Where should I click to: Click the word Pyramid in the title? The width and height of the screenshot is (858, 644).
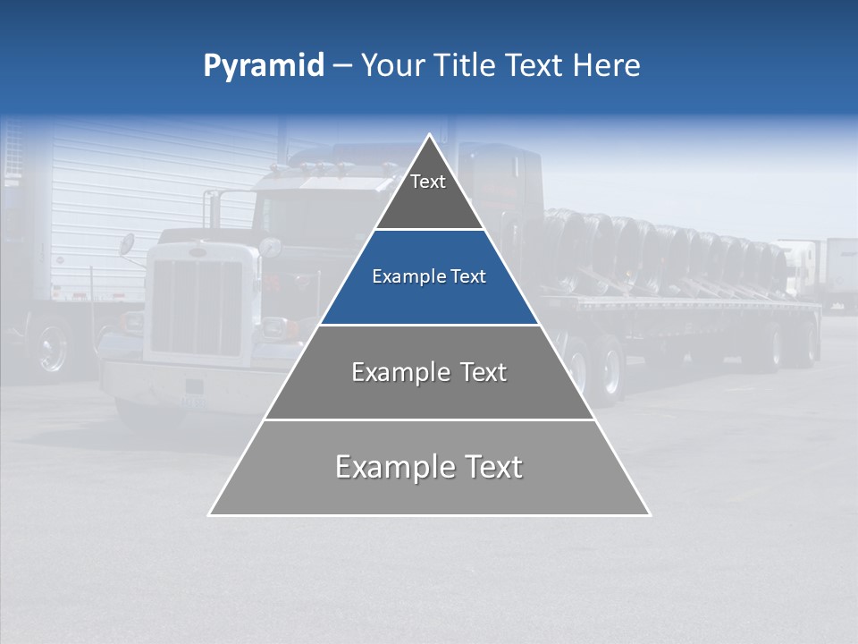(263, 66)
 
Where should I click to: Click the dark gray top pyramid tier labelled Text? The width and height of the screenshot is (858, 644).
(428, 192)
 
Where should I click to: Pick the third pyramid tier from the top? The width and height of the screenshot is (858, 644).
(429, 372)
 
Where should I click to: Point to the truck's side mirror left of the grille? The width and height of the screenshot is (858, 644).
(127, 244)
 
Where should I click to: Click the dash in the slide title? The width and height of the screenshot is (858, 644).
(341, 66)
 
